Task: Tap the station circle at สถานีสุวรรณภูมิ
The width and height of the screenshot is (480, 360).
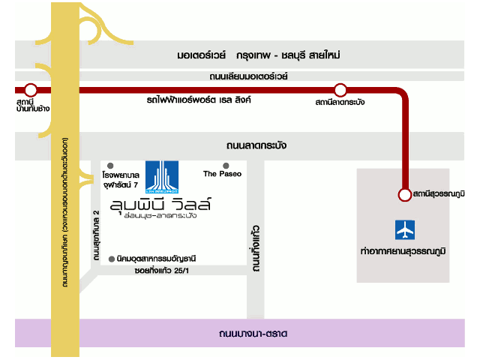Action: click(404, 194)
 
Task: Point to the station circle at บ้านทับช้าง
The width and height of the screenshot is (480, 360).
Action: click(31, 91)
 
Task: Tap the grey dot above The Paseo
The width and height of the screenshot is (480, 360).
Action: click(226, 165)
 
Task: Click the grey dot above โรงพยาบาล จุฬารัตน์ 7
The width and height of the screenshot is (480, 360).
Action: click(110, 165)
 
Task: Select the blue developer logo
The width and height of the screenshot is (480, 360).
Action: click(161, 177)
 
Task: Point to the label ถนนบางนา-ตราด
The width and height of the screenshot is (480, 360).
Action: click(253, 333)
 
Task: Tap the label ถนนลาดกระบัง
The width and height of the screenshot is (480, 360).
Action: click(256, 145)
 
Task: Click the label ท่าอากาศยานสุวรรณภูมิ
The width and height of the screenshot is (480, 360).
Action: click(403, 249)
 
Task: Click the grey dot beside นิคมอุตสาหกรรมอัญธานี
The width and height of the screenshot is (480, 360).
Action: click(111, 258)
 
